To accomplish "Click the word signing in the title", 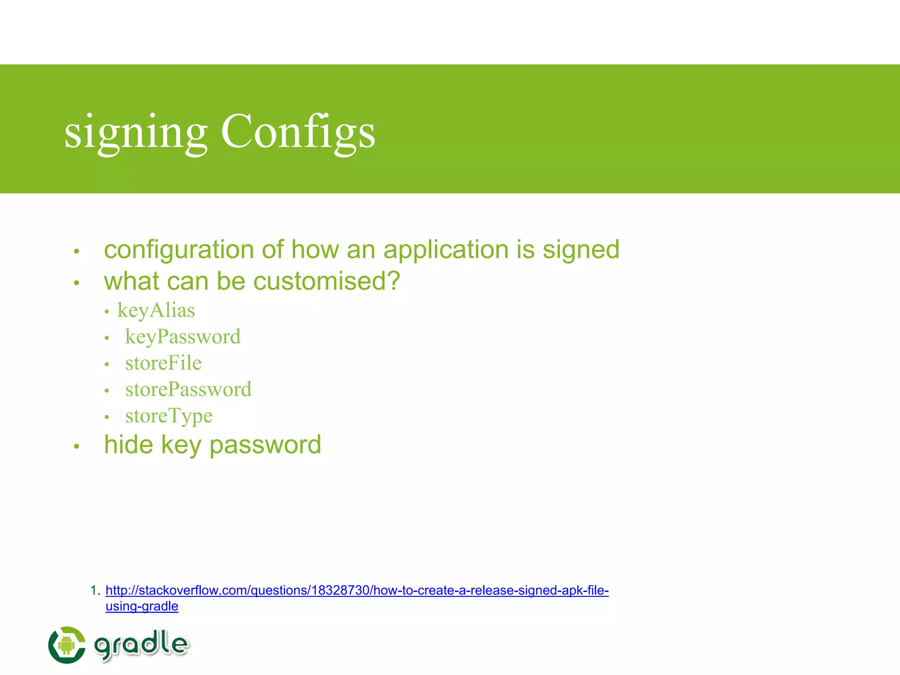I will click(x=135, y=132).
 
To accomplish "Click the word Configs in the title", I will click(x=298, y=132).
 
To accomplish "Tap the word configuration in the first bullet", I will click(x=179, y=250).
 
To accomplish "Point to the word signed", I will click(x=581, y=250).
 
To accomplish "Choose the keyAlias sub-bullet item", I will click(x=156, y=311).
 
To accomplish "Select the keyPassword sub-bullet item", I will click(x=183, y=337).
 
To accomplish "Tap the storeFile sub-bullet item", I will click(x=163, y=363).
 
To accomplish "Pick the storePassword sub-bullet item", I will click(x=188, y=390).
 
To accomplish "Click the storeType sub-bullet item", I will click(x=169, y=416).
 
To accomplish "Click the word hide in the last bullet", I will click(x=128, y=445).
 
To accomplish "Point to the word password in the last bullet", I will click(x=265, y=445).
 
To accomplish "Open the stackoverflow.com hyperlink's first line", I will click(x=357, y=590).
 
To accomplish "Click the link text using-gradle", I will click(x=142, y=606).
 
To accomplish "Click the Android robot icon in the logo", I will click(x=66, y=645).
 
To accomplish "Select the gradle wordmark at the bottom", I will click(x=142, y=645).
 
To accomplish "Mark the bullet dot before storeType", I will click(x=106, y=417).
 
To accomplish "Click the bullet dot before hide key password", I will click(x=76, y=446).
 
